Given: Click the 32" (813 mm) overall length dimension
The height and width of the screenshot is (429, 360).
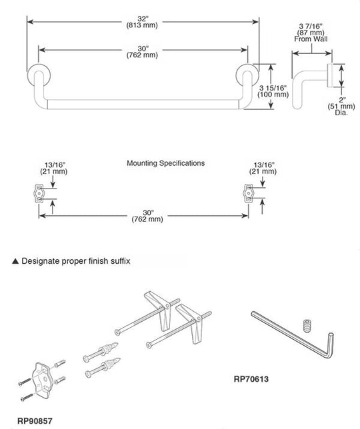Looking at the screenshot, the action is (142, 22).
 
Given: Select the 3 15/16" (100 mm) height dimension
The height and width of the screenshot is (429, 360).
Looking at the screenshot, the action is (273, 91).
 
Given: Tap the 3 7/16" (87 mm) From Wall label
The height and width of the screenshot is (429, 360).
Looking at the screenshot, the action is (311, 33).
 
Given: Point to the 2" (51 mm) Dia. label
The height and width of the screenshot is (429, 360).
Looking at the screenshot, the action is (341, 106).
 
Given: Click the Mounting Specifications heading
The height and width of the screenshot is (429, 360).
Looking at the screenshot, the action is (165, 163).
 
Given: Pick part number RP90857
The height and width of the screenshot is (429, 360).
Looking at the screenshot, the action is (35, 420).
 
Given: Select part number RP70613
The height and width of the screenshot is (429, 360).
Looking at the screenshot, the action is (251, 379).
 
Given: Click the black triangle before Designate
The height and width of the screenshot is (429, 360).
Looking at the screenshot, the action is (15, 261).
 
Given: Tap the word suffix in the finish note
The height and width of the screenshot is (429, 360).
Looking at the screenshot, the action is (120, 261).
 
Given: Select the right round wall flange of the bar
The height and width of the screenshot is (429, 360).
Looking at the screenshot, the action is (247, 75).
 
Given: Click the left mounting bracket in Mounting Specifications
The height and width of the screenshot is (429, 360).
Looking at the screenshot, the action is (40, 193).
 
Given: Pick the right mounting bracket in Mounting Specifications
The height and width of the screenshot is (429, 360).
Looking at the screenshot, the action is (249, 193).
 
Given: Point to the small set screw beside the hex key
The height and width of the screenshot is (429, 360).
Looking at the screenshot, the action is (308, 326).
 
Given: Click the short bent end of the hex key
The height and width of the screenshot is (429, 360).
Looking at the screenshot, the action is (330, 345).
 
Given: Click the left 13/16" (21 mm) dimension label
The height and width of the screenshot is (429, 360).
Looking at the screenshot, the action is (53, 169).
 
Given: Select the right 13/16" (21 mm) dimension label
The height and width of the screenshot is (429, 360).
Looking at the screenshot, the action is (263, 169).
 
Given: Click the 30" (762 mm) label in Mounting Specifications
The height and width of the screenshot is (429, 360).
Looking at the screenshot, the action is (147, 216).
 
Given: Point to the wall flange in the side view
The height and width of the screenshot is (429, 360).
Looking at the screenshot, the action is (330, 75).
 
